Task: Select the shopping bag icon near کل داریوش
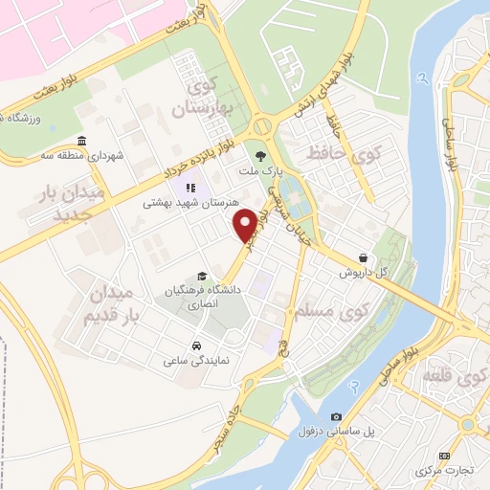364,257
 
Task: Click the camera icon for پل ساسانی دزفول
336,417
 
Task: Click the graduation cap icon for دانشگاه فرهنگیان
200,275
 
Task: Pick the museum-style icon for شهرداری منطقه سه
80,142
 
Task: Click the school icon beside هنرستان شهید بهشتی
190,188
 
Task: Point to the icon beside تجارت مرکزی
442,457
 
